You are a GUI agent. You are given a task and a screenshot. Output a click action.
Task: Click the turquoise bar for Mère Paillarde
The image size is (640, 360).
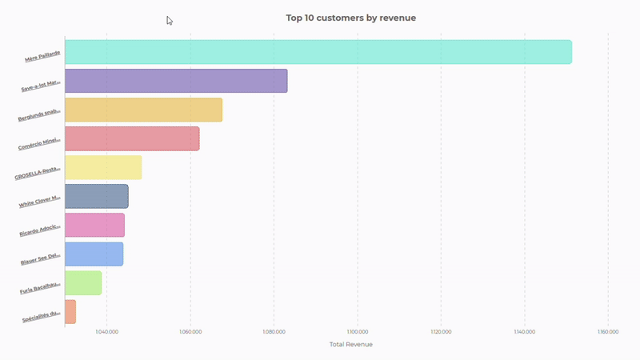click(x=318, y=52)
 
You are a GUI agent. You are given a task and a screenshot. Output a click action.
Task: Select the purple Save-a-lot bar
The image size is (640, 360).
click(x=175, y=81)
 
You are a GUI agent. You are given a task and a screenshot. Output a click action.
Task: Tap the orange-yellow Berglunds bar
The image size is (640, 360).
click(x=142, y=110)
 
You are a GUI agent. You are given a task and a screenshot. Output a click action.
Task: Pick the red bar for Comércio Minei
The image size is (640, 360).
click(x=131, y=138)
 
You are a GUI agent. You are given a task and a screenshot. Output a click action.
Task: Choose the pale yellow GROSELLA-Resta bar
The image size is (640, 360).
click(x=102, y=167)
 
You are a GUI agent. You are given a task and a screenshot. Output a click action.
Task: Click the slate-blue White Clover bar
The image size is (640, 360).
click(x=96, y=196)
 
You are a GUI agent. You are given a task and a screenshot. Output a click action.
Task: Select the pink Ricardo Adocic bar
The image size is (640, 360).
click(x=94, y=225)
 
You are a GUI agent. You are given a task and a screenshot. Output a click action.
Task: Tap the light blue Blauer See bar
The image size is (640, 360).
click(x=94, y=254)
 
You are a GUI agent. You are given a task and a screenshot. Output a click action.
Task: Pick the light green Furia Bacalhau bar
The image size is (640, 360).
click(x=82, y=282)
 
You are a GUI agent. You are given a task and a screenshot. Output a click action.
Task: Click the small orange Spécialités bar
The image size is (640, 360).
click(x=70, y=311)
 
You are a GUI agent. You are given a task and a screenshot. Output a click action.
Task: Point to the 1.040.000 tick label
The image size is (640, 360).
click(x=106, y=331)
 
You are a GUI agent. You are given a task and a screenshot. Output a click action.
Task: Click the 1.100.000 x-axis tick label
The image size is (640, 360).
click(x=357, y=331)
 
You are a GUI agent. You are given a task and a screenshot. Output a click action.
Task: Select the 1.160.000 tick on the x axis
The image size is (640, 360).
click(x=607, y=331)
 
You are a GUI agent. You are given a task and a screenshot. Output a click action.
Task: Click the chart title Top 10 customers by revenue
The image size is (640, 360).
click(x=351, y=17)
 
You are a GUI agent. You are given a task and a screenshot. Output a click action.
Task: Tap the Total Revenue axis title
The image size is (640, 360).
click(x=350, y=345)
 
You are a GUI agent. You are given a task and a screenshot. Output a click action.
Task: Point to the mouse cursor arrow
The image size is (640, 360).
click(x=169, y=20)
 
